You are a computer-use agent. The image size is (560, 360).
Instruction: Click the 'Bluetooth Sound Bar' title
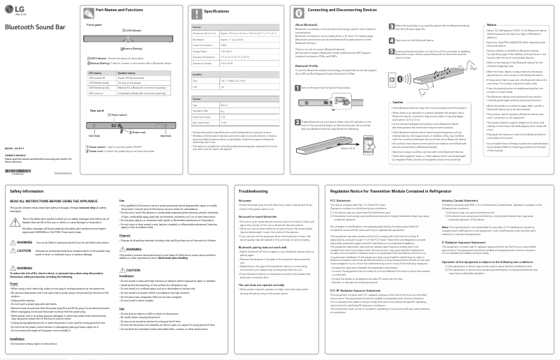(x=34, y=26)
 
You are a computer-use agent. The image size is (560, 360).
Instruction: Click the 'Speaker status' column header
(x=126, y=72)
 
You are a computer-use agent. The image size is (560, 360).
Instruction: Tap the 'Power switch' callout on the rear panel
(x=119, y=115)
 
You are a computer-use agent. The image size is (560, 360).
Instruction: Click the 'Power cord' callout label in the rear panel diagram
(x=139, y=132)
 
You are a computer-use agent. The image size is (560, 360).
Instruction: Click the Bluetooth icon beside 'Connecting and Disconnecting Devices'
(x=294, y=10)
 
